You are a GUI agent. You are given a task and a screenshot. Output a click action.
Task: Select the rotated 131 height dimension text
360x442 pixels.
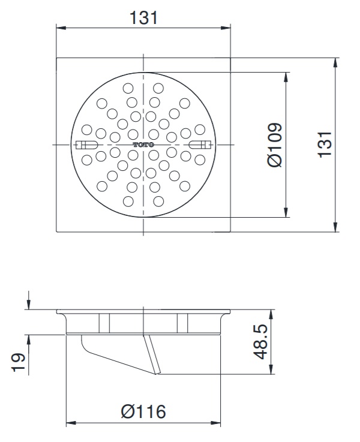pos(325,145)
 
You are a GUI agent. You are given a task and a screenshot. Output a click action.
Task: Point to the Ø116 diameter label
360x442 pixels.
pos(143,412)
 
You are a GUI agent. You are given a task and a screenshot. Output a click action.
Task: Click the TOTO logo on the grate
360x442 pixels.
pos(143,145)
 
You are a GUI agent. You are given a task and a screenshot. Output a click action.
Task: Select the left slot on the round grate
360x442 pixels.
pos(88,145)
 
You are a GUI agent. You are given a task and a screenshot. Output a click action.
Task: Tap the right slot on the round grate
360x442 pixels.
pos(199,145)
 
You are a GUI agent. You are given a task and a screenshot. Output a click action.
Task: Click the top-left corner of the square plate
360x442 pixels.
pos(56,58)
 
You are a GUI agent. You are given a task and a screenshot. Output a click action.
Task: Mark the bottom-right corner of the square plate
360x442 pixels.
pos(231,232)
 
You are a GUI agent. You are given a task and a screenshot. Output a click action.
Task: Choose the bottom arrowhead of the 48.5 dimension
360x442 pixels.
pos(273,372)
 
